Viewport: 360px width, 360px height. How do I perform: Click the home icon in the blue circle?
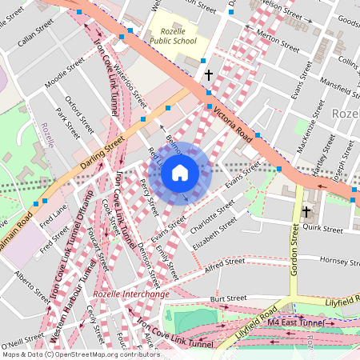click(180, 172)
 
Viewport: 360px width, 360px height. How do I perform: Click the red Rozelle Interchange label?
click(130, 294)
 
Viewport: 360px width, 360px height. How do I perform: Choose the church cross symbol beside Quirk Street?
click(306, 212)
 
